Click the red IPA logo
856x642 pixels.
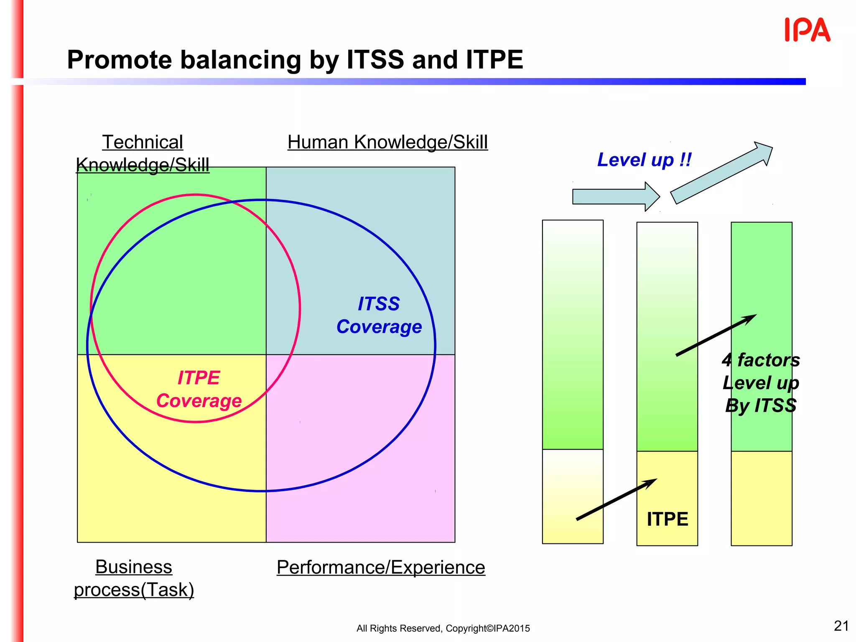tap(807, 30)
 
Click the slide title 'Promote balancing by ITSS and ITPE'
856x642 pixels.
tap(295, 59)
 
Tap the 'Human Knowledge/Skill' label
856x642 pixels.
tap(387, 142)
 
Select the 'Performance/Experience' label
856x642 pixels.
tap(381, 567)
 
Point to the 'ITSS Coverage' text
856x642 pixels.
tap(379, 315)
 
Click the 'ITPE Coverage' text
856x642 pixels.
tap(199, 389)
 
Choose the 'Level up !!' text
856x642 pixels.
tap(644, 160)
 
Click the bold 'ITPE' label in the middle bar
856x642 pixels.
tap(667, 519)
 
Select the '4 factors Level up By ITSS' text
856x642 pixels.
tap(761, 382)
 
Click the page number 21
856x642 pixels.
tap(841, 626)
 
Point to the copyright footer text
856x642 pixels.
tap(443, 628)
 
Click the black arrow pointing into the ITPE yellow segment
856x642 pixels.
tap(617, 499)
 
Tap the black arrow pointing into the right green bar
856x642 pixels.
tap(716, 335)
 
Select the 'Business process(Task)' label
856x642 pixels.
tap(134, 578)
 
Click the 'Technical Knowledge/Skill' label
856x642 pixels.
tap(143, 153)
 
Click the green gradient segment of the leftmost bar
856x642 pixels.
tap(573, 334)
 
